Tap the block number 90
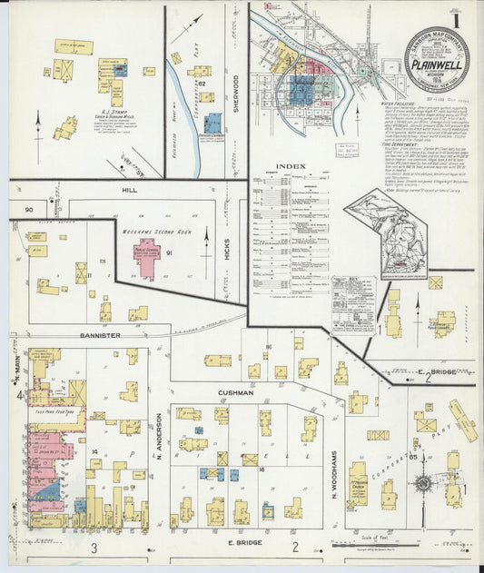tap(28, 211)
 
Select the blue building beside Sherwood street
tap(213, 123)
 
